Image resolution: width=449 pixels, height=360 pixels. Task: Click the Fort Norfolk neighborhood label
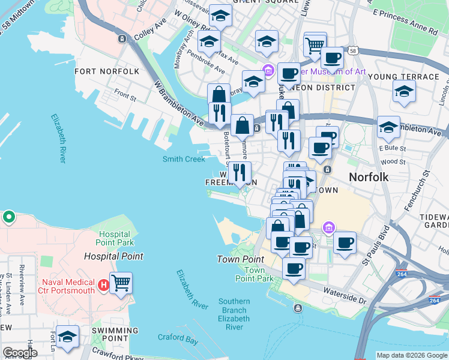click(x=107, y=71)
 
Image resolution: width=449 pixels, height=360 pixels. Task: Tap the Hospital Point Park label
click(x=115, y=238)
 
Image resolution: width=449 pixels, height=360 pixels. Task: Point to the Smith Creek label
click(x=184, y=159)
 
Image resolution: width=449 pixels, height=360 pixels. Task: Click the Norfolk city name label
click(x=369, y=177)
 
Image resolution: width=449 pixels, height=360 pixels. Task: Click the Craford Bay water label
click(x=178, y=339)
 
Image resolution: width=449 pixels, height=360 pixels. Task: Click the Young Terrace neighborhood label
click(x=403, y=77)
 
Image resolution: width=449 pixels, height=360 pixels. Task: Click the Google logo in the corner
click(x=20, y=353)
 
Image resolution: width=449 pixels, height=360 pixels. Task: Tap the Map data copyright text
click(x=411, y=355)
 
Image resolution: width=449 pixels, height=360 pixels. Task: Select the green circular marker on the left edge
click(x=9, y=217)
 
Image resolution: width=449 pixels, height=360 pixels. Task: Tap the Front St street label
click(x=125, y=94)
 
